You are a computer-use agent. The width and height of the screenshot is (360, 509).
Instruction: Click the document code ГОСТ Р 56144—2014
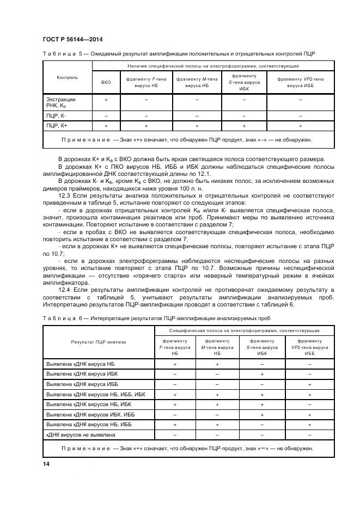pyautogui.click(x=72, y=40)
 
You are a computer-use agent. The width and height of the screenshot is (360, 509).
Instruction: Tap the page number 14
pyautogui.click(x=46, y=463)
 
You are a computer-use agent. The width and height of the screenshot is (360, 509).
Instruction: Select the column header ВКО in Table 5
pyautogui.click(x=106, y=82)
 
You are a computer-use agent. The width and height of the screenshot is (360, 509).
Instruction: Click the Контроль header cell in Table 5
pyautogui.click(x=67, y=77)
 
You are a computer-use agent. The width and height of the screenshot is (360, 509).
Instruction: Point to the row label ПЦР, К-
pyautogui.click(x=56, y=116)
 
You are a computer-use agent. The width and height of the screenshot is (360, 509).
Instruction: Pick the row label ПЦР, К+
pyautogui.click(x=57, y=126)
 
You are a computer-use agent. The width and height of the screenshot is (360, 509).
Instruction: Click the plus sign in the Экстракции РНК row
pyautogui.click(x=106, y=100)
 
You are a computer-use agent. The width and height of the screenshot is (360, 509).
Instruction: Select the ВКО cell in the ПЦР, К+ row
pyautogui.click(x=106, y=126)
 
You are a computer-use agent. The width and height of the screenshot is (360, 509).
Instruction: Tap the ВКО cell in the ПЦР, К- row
pyautogui.click(x=106, y=116)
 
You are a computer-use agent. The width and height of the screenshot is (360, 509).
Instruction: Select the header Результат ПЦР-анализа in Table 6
pyautogui.click(x=98, y=342)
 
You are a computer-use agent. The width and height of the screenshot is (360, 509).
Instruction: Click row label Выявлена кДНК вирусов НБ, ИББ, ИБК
pyautogui.click(x=96, y=394)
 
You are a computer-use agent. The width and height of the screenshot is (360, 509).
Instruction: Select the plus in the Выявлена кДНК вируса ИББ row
pyautogui.click(x=309, y=384)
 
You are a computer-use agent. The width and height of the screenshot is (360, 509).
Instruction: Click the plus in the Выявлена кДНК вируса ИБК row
pyautogui.click(x=262, y=374)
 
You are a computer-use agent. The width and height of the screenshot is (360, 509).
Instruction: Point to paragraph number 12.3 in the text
pyautogui.click(x=64, y=193)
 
